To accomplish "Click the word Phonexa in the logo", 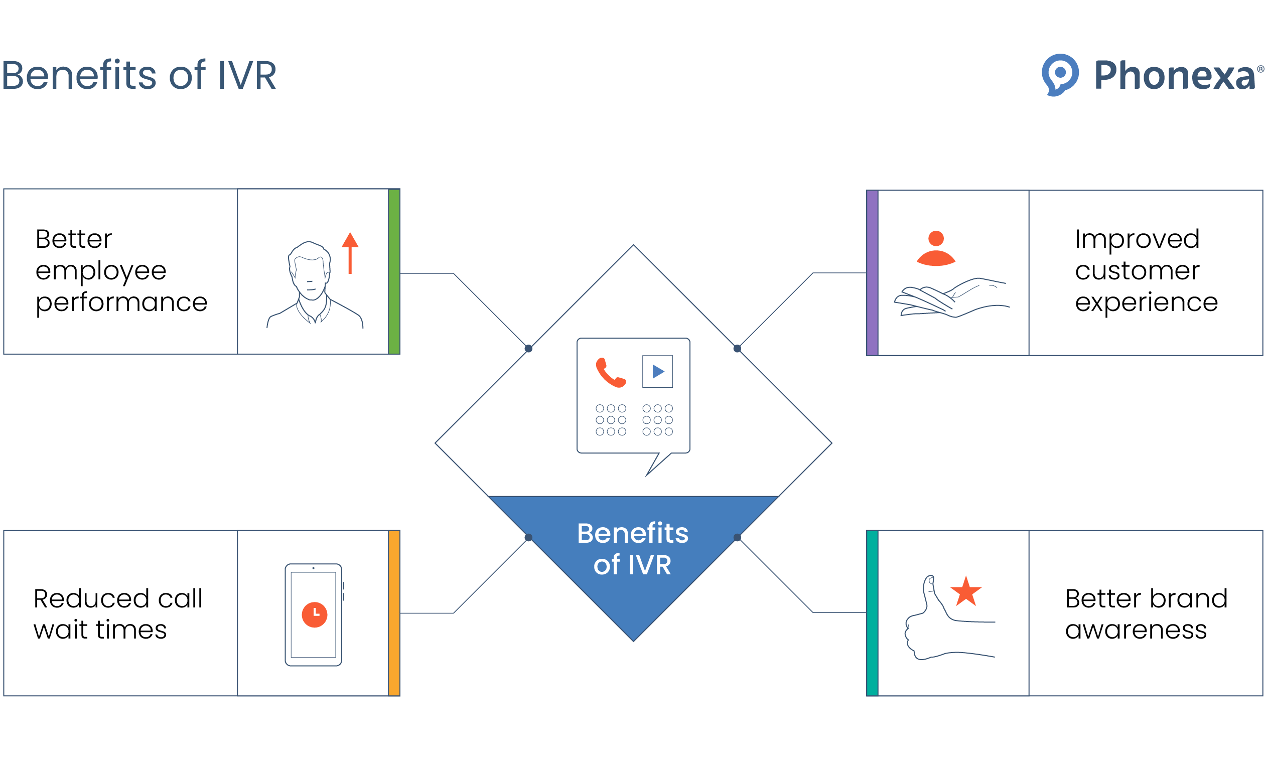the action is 1174,75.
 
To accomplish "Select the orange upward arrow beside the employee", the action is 350,253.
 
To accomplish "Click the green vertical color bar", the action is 394,271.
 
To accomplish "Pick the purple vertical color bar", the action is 873,273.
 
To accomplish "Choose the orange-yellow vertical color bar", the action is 394,613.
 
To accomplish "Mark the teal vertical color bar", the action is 873,613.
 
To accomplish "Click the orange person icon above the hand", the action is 936,248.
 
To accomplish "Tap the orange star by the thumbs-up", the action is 966,591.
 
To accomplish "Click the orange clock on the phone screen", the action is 315,615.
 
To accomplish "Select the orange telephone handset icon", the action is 611,373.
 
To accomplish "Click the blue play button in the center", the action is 658,371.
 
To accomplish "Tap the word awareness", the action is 1136,630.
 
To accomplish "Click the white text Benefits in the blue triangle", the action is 632,533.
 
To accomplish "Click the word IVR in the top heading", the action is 247,75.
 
